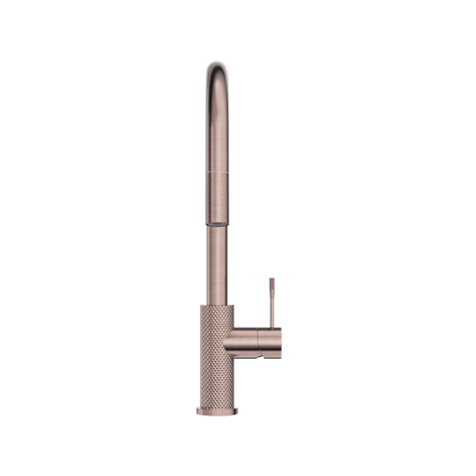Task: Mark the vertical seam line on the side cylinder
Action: coord(260,342)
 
